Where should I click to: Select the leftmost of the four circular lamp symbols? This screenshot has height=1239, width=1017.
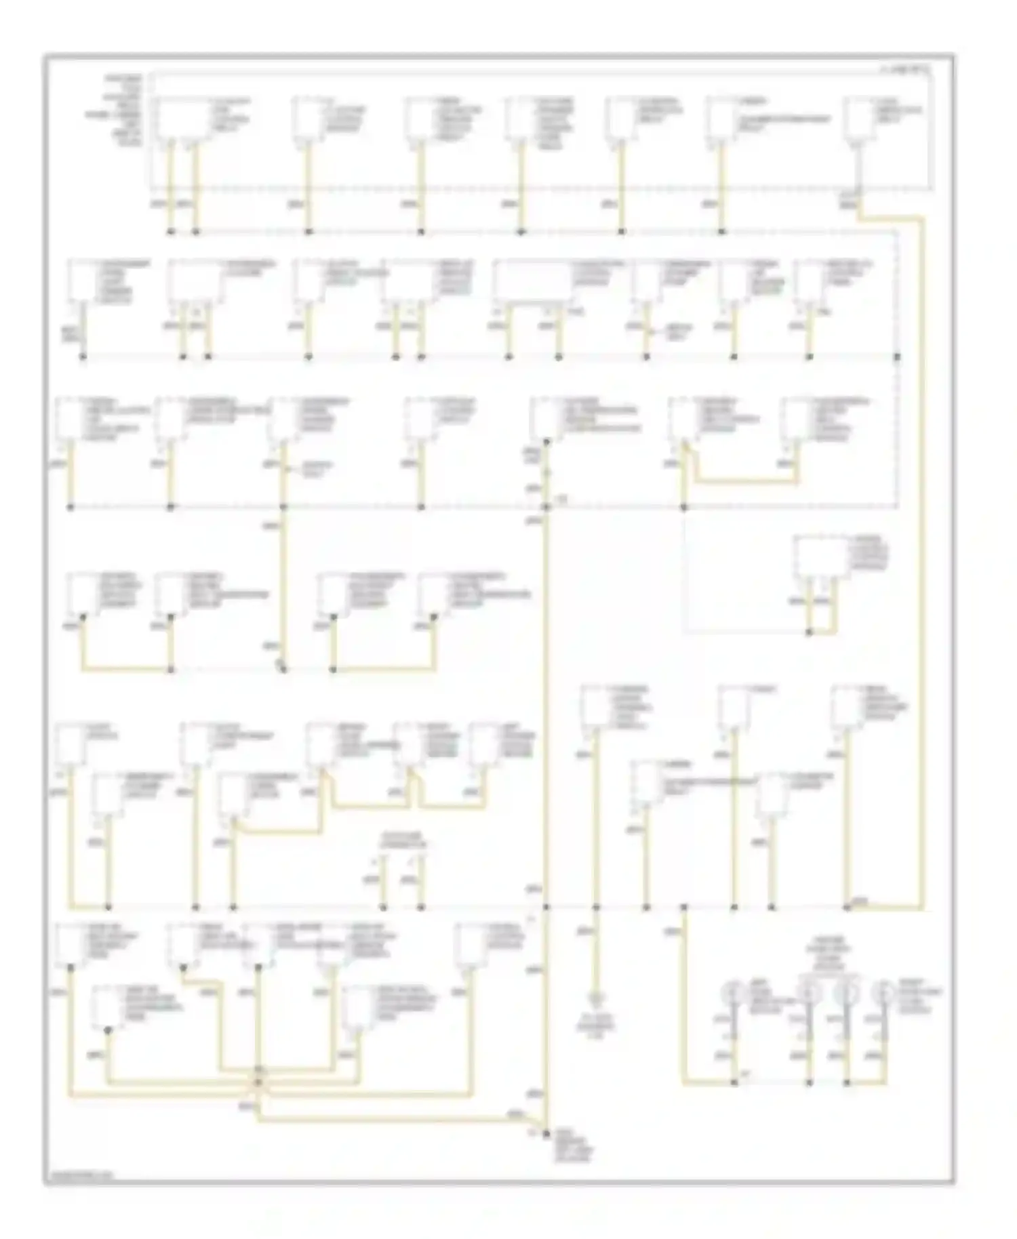[x=734, y=992]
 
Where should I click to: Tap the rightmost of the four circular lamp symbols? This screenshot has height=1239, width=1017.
[x=883, y=992]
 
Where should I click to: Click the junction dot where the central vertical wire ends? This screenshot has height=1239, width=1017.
[x=546, y=1133]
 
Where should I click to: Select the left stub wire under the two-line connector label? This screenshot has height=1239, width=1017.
[x=383, y=881]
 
